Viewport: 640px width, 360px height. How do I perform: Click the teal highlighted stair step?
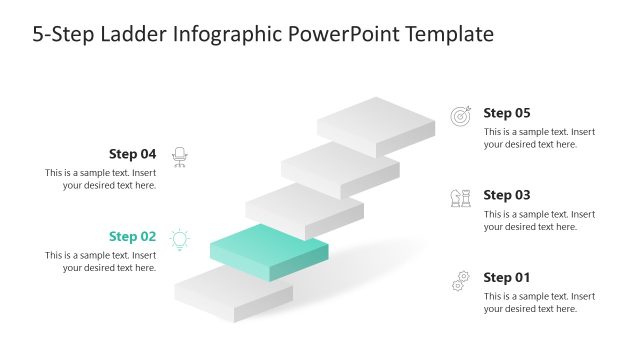(x=268, y=247)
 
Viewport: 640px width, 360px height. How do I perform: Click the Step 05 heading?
(x=507, y=113)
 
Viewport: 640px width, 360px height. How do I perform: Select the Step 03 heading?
(x=507, y=195)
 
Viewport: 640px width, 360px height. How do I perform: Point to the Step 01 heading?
(x=507, y=277)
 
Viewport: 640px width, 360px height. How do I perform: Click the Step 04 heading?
(x=132, y=154)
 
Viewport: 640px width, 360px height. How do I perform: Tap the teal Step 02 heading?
(x=132, y=237)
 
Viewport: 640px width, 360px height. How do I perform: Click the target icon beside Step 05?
(x=460, y=116)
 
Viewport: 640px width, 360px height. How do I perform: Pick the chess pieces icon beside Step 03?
(x=460, y=198)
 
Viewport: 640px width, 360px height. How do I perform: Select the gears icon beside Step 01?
(x=460, y=280)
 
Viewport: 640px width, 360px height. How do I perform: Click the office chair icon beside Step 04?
(x=180, y=156)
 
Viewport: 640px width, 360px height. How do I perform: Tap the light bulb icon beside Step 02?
(x=180, y=239)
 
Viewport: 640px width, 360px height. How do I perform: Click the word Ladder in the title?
(x=136, y=35)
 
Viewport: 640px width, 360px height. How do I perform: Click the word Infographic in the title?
(x=227, y=35)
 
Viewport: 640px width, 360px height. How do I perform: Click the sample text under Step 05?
(x=539, y=138)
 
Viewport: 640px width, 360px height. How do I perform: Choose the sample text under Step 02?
(x=100, y=262)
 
